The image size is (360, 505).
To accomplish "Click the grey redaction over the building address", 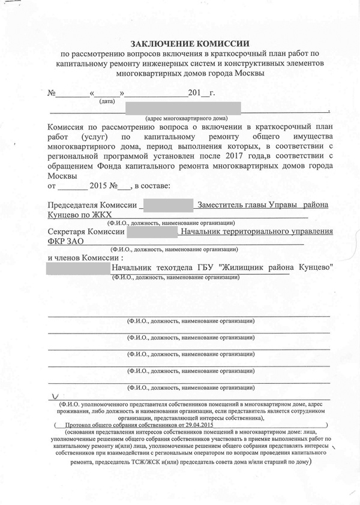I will click(183, 108).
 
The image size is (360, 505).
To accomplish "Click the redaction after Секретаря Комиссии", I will click(152, 231).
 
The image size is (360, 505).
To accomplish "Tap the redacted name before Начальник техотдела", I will click(79, 267).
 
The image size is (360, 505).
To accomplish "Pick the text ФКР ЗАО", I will click(65, 241).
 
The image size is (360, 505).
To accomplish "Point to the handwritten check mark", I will click(56, 396).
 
